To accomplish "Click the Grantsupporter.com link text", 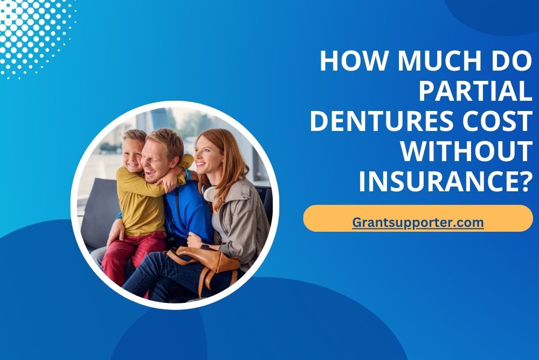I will tap(418, 223).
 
